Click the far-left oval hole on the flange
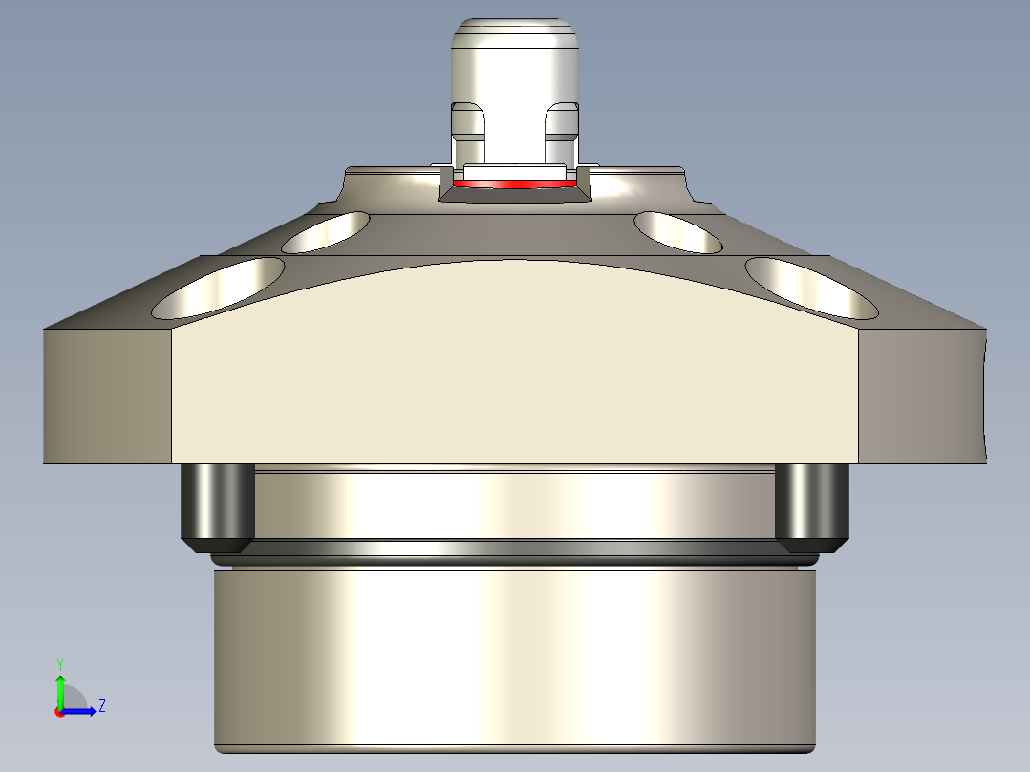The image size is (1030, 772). tap(220, 288)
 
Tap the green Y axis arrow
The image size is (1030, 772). tap(59, 686)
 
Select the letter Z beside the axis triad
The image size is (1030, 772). tap(101, 706)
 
